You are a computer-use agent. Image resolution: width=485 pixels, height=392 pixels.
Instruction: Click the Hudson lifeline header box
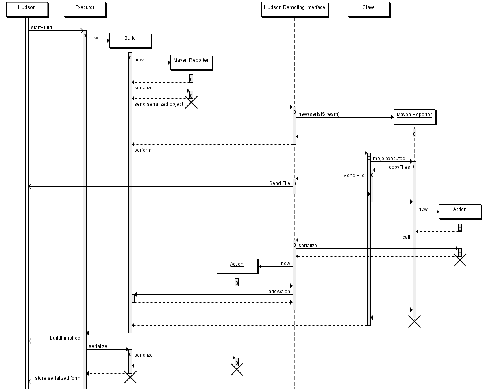click(x=27, y=9)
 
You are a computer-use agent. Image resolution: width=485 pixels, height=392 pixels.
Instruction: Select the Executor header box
click(x=85, y=9)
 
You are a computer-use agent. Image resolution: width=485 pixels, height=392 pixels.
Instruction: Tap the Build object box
click(x=130, y=40)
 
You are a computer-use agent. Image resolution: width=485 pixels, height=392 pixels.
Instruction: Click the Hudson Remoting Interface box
click(x=294, y=9)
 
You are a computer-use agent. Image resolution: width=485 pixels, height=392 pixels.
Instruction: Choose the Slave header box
click(x=369, y=9)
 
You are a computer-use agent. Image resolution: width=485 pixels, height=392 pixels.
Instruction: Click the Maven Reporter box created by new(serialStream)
click(x=415, y=117)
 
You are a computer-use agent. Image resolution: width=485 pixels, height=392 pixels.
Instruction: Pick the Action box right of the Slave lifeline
click(x=460, y=211)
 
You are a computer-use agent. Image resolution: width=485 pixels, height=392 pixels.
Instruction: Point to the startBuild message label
click(x=41, y=28)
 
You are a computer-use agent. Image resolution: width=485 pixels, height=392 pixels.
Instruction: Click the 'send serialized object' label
click(x=159, y=104)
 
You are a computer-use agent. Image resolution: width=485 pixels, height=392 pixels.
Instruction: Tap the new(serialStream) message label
click(x=319, y=114)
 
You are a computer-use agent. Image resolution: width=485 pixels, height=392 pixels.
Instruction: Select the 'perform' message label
click(x=143, y=150)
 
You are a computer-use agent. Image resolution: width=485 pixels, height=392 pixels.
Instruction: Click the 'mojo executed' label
click(x=389, y=159)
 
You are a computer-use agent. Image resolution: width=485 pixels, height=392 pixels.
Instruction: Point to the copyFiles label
click(x=399, y=167)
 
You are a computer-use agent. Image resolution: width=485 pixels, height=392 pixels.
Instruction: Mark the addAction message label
click(x=279, y=292)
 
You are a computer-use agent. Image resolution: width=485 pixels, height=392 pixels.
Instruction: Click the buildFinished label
click(x=65, y=338)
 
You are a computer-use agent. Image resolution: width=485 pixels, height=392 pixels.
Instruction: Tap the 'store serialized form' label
click(x=58, y=378)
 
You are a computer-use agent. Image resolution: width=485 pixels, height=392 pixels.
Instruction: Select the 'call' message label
click(x=406, y=237)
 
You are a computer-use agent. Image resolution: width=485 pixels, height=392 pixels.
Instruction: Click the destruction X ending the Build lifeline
click(x=130, y=377)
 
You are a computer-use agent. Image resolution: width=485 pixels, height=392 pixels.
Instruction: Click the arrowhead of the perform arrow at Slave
click(x=365, y=153)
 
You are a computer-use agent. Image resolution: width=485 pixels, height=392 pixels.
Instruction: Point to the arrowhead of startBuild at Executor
click(x=82, y=30)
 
